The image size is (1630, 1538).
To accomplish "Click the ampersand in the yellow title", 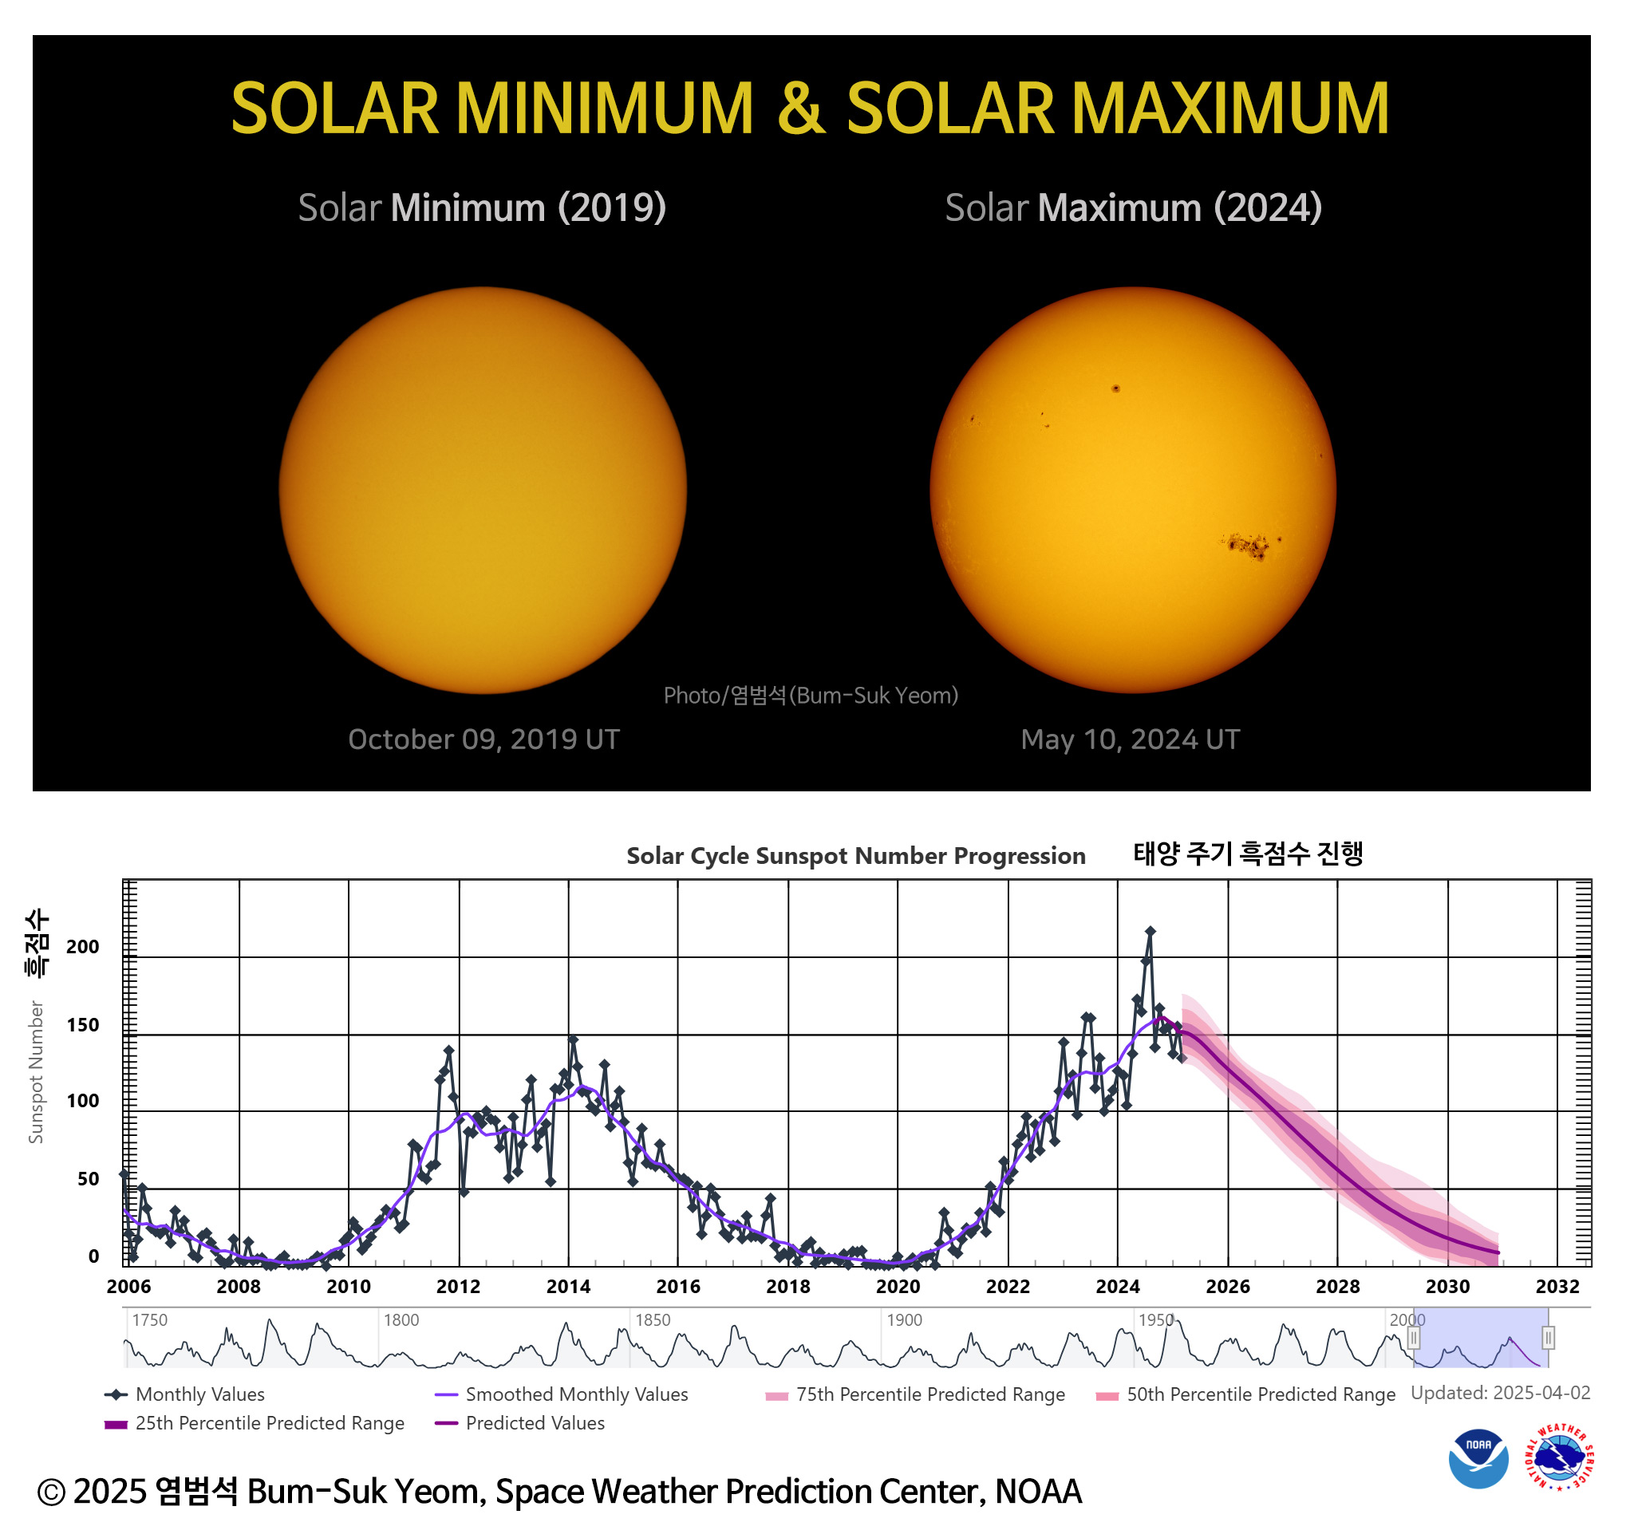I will coord(800,108).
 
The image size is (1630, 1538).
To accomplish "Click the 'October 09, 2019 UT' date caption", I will coord(483,739).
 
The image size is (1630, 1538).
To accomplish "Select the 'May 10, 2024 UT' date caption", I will coord(1130,739).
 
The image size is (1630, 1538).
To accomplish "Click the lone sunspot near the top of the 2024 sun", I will coord(1115,388).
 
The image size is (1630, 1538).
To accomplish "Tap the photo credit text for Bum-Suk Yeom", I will coord(810,696).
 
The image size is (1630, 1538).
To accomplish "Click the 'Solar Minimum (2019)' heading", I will coord(482,207).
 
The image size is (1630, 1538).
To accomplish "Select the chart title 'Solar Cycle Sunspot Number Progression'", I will coord(855,855).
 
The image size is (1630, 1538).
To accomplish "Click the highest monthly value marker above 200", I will coord(1150,931).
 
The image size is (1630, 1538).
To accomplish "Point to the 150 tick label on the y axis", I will coord(83,1025).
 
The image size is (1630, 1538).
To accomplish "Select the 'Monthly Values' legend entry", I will coord(199,1394).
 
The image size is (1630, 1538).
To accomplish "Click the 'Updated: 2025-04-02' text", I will coord(1500,1393).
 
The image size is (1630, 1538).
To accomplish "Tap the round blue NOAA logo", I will coord(1478,1458).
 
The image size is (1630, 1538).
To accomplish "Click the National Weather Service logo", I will coord(1559,1458).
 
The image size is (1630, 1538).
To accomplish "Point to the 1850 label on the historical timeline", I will coord(653,1320).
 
